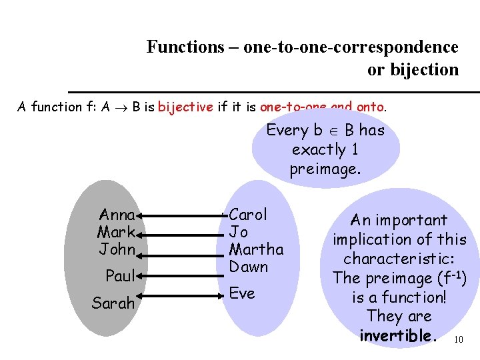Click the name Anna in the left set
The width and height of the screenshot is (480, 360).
117,215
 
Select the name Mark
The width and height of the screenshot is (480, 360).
117,233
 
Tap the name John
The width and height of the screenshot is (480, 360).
117,250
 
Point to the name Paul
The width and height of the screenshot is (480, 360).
121,275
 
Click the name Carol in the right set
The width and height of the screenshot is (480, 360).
248,215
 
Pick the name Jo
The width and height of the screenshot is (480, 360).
239,232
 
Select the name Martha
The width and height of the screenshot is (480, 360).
256,249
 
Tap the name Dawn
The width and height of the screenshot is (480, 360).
248,267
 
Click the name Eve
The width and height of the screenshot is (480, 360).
242,293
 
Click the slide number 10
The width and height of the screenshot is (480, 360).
457,340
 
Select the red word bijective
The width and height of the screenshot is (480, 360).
186,107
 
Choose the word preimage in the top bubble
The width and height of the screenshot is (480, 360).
325,169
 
